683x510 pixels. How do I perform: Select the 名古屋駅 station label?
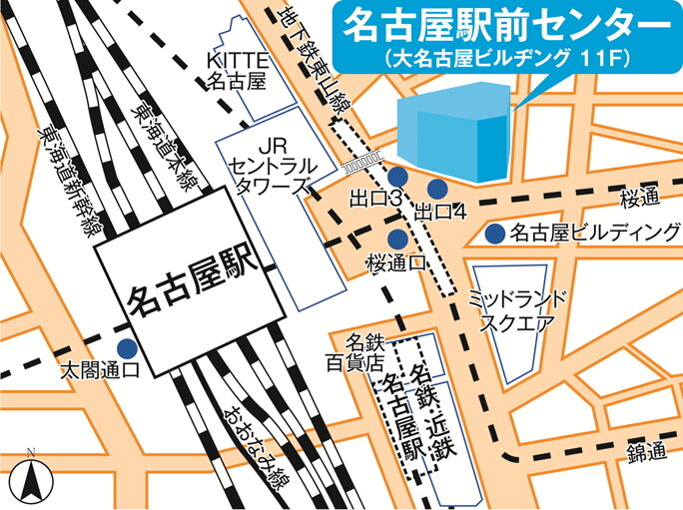pos(188,295)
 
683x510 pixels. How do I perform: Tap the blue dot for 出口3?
pos(396,177)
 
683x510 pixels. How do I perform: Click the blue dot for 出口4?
pos(436,188)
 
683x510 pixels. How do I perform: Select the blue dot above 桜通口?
pos(396,239)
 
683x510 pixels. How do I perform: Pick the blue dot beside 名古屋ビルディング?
pos(494,235)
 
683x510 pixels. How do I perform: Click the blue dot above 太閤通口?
pos(127,348)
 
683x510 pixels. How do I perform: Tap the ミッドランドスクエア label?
pos(517,311)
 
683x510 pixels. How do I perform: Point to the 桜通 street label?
pos(640,197)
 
